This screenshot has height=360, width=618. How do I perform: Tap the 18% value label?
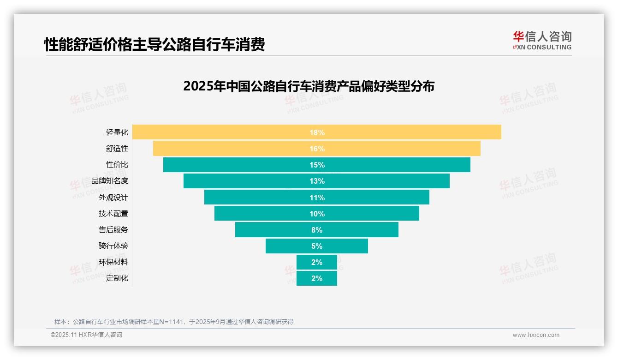(x=317, y=132)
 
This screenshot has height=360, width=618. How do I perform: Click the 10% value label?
(x=317, y=214)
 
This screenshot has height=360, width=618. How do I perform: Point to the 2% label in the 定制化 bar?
(x=317, y=278)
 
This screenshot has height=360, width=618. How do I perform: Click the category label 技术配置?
(x=113, y=214)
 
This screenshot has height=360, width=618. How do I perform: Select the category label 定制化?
(x=117, y=278)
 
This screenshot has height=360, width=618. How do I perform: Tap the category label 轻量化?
(x=117, y=132)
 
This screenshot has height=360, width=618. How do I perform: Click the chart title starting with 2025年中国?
(x=309, y=86)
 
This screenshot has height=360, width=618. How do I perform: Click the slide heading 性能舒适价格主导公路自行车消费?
(x=154, y=45)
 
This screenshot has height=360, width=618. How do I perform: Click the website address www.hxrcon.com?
(x=536, y=335)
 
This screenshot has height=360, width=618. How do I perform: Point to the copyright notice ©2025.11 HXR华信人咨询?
(x=86, y=335)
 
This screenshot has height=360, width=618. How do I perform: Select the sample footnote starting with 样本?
(x=174, y=322)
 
